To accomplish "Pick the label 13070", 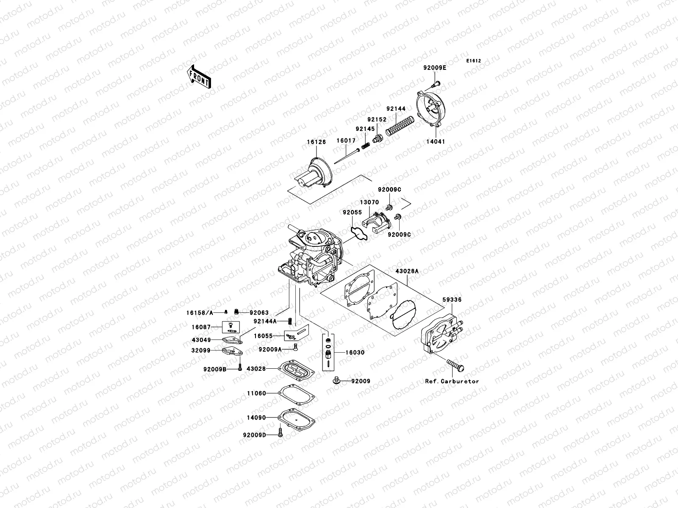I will click(x=370, y=202).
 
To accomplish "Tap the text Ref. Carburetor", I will click(x=452, y=381).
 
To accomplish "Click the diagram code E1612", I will click(x=474, y=61).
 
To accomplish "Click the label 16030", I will click(x=355, y=352).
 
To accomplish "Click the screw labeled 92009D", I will click(x=280, y=433).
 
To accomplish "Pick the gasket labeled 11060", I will click(x=297, y=394).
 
